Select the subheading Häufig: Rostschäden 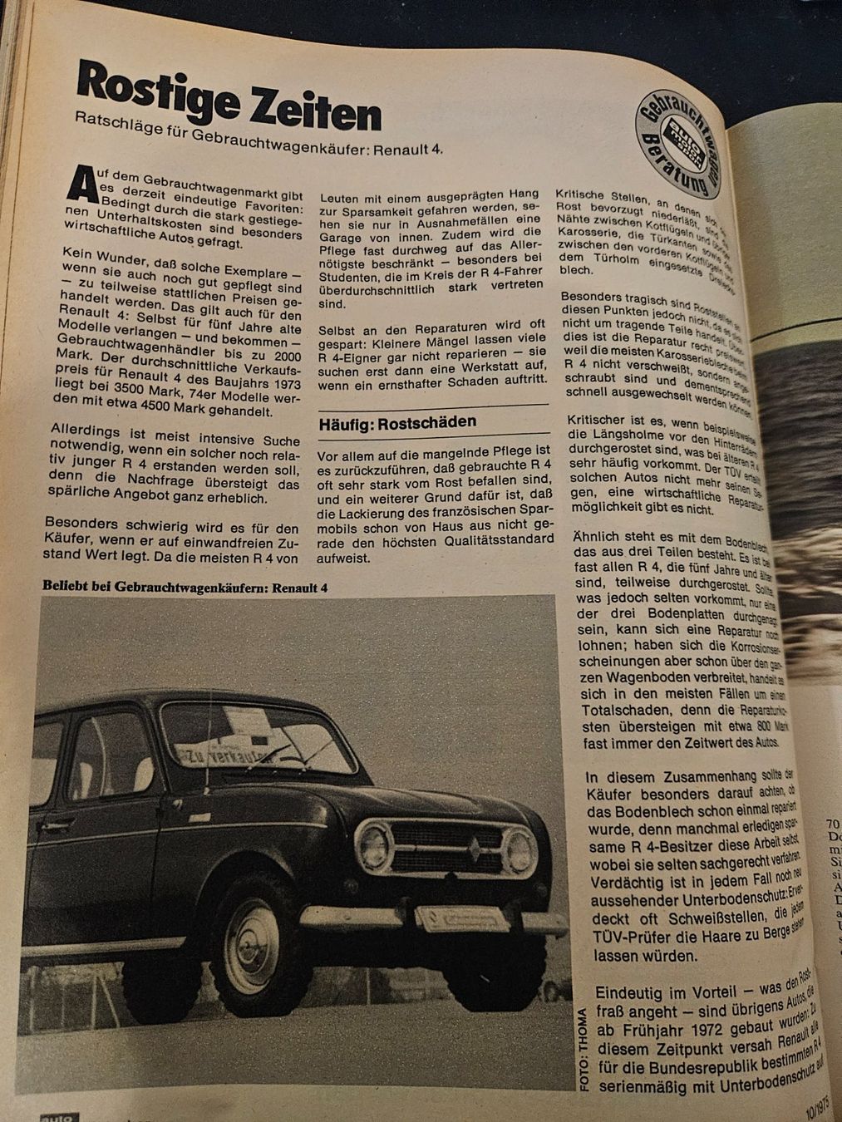point(397,422)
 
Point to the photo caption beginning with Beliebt point(185,587)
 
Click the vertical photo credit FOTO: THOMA point(583,1049)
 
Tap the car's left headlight point(375,846)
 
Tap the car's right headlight point(522,851)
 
